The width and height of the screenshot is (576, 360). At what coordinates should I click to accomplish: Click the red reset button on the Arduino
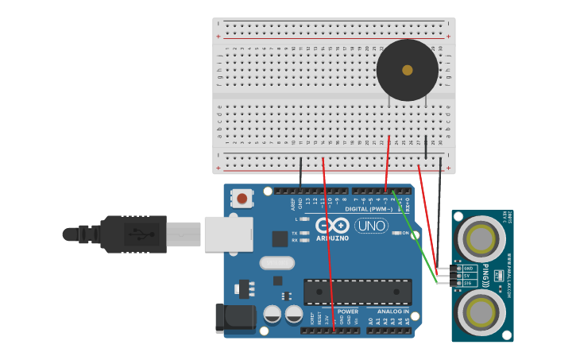pos(242,198)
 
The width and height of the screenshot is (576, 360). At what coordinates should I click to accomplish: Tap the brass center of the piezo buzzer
pos(408,70)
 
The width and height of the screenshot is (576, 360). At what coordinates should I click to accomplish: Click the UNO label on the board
pos(371,226)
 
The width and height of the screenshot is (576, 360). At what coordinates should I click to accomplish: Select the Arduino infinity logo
pos(332,225)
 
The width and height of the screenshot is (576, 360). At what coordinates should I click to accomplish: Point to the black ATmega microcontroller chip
pos(358,292)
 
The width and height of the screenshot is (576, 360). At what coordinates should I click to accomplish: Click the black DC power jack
pos(235,318)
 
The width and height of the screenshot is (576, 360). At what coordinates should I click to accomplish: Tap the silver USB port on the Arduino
pos(229,234)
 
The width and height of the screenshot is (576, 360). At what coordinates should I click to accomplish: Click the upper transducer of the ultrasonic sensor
pos(481,238)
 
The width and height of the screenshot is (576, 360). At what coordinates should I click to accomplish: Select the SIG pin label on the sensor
pos(469,283)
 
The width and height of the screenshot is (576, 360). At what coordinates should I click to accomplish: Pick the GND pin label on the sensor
pos(469,269)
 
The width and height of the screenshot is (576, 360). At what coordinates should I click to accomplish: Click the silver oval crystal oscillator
pos(277,262)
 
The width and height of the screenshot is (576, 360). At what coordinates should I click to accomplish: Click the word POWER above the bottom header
pos(348,312)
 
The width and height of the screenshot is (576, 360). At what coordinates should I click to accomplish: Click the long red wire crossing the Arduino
pos(328,246)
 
